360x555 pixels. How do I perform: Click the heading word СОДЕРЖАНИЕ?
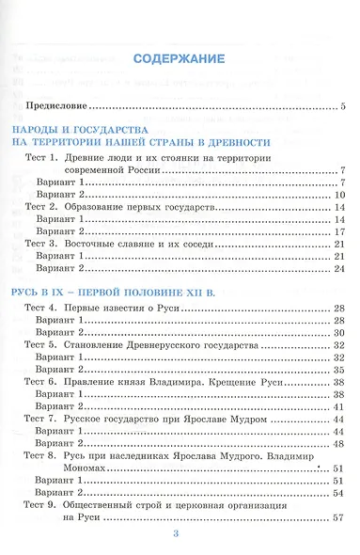point(179,58)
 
